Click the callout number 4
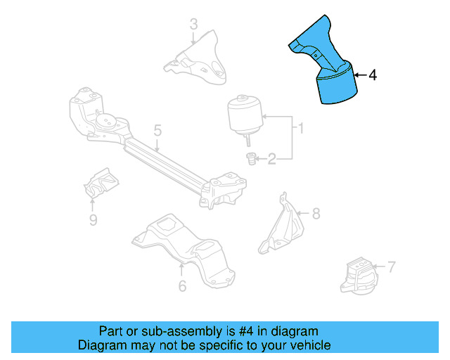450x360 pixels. (x=373, y=74)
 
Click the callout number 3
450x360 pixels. (x=194, y=26)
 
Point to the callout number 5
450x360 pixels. (x=157, y=130)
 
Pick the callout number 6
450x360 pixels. (x=182, y=285)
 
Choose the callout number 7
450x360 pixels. (x=391, y=266)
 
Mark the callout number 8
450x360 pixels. (x=315, y=212)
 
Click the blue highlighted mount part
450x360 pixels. (x=330, y=70)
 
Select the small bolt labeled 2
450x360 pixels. (x=250, y=160)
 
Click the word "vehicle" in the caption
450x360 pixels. (x=309, y=345)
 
